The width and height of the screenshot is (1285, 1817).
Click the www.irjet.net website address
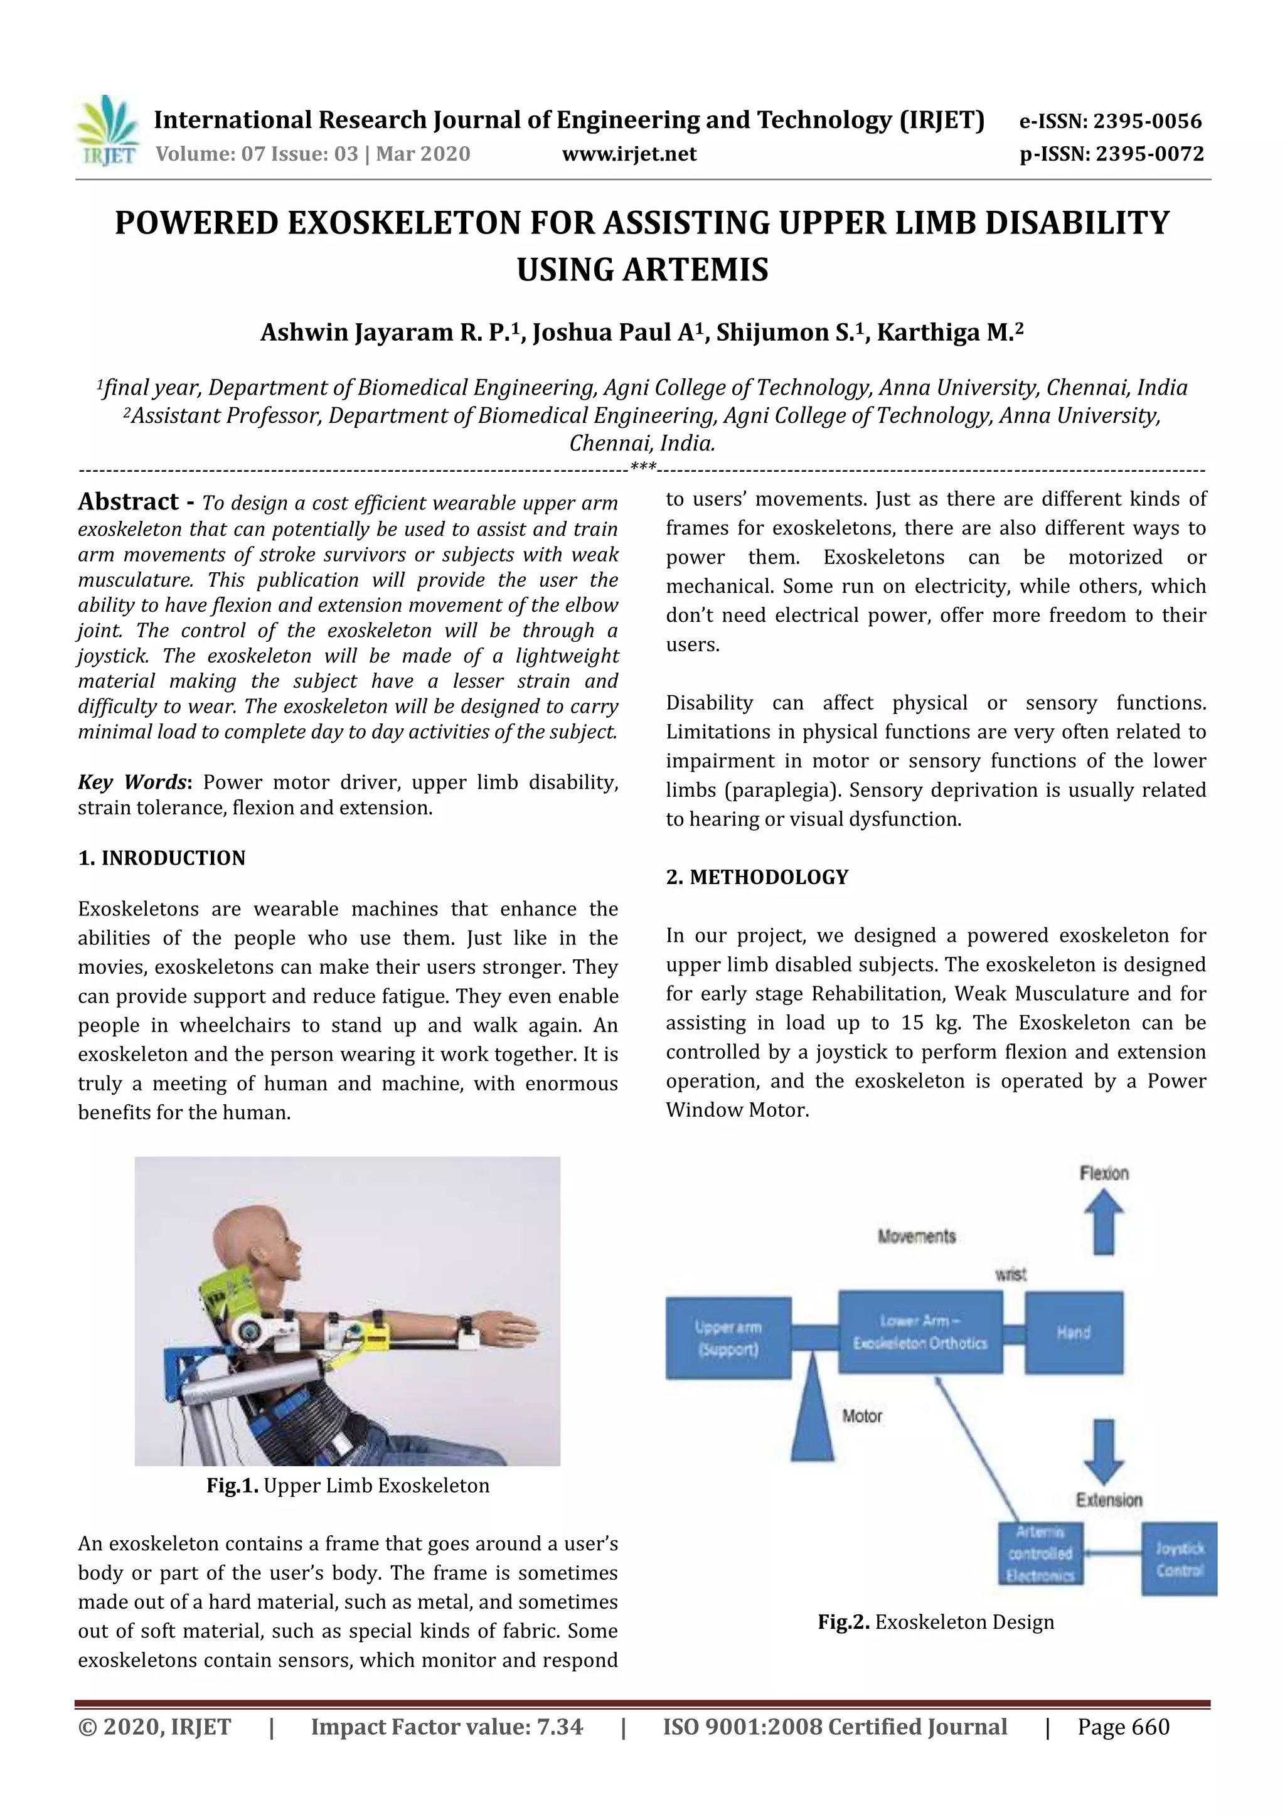click(x=629, y=154)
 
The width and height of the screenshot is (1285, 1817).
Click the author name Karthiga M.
click(x=948, y=333)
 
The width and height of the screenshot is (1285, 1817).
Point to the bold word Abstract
click(x=128, y=502)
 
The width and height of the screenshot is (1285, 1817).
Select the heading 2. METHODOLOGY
click(x=757, y=877)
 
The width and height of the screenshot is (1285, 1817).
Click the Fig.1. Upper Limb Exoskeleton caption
click(x=348, y=1486)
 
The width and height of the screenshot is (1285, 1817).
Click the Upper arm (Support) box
click(x=728, y=1338)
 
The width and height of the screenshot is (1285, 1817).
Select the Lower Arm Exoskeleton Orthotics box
click(x=920, y=1332)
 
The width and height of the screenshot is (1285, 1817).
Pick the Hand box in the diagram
click(x=1073, y=1333)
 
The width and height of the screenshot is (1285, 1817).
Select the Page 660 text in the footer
click(x=1122, y=1727)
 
